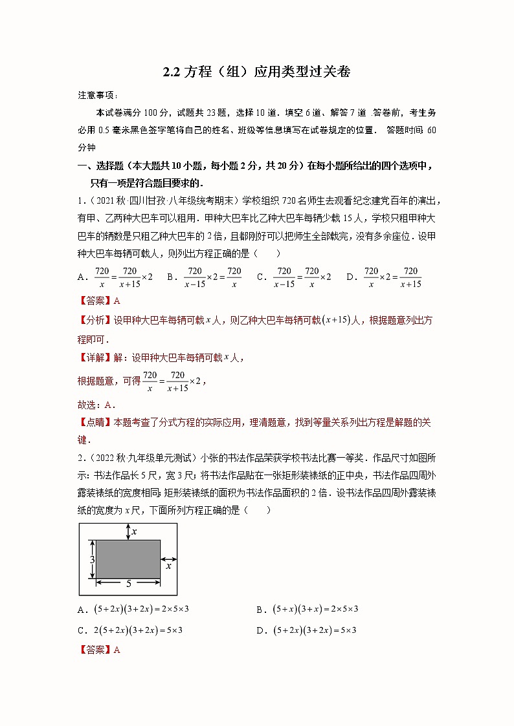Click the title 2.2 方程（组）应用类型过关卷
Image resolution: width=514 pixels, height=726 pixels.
pyautogui.click(x=256, y=72)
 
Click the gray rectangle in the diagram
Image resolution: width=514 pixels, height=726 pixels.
pyautogui.click(x=128, y=559)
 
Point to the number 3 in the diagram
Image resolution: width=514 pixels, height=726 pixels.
pyautogui.click(x=93, y=559)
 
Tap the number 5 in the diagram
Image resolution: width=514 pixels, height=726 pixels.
pyautogui.click(x=128, y=583)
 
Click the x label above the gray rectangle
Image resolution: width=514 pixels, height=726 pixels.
pyautogui.click(x=134, y=531)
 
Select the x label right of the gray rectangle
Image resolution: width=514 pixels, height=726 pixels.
pyautogui.click(x=168, y=566)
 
